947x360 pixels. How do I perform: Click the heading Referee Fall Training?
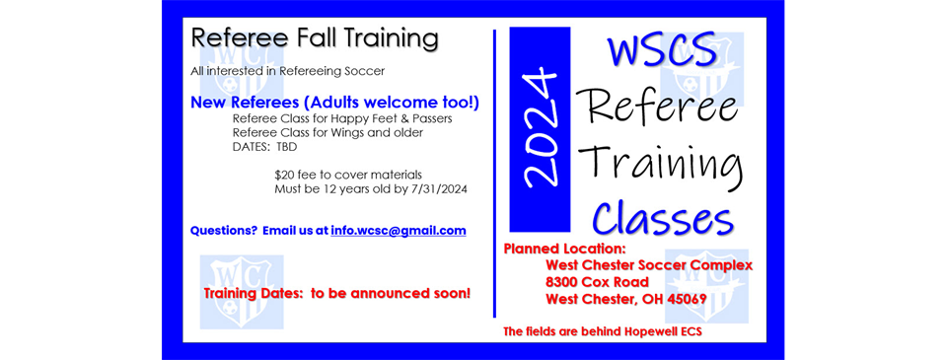coord(314,39)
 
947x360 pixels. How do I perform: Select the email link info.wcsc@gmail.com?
coord(399,231)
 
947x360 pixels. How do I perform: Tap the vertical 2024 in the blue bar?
coord(540,129)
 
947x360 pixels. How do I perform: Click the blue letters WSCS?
coord(661,50)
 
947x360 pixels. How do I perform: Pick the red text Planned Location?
coord(565,249)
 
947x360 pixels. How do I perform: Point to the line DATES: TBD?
coord(264,146)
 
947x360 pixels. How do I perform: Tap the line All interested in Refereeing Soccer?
coord(287,71)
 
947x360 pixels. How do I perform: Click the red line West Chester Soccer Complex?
coord(649,265)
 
